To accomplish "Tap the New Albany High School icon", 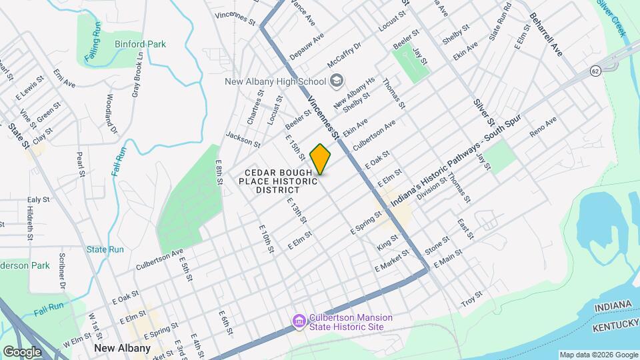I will click(x=337, y=81).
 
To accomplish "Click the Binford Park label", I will click(x=139, y=44).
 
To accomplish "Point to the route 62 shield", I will click(x=595, y=70).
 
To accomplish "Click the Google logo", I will click(x=22, y=351).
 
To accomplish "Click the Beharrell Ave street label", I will click(x=547, y=33).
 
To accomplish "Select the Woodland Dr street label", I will click(x=111, y=114).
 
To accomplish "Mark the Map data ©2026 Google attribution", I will click(x=598, y=355).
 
